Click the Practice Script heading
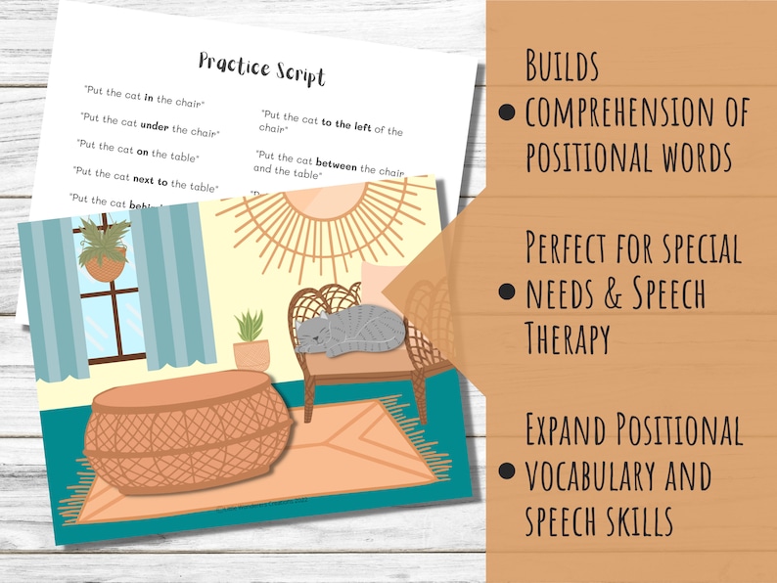pos(261,67)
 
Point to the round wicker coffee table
pos(187,431)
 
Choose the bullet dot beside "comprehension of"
pos(506,112)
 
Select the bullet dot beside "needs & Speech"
pos(506,291)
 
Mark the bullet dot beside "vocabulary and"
pos(506,471)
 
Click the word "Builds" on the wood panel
pos(562,67)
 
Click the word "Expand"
pos(572,427)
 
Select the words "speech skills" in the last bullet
pos(599,520)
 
